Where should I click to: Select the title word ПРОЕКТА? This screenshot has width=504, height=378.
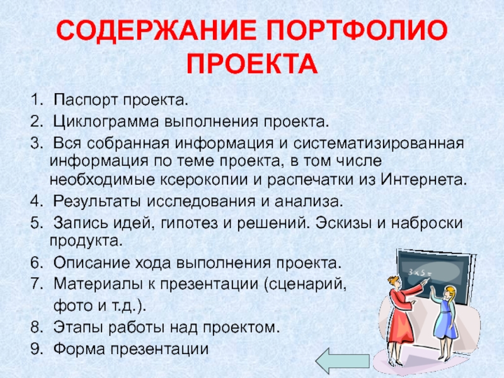point(252,64)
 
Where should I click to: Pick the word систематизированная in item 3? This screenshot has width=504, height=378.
point(379,144)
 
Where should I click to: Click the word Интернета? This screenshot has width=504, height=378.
point(423,180)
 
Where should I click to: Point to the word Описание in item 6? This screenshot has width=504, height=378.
point(91,263)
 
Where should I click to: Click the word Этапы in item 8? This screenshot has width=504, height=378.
point(79,328)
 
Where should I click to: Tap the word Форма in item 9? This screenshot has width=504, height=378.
point(79,349)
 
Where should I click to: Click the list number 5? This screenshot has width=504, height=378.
point(36,223)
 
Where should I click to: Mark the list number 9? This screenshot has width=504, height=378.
point(36,350)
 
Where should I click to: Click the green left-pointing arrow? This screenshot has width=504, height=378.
point(343,361)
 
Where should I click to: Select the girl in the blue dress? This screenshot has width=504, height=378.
point(447,321)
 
